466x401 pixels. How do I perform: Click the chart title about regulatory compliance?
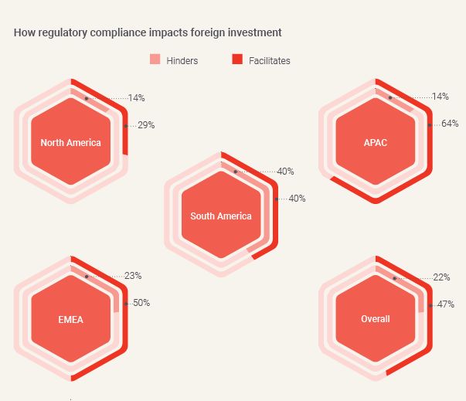coord(148,32)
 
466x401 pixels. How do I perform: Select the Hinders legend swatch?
coord(155,59)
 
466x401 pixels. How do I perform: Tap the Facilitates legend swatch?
coord(237,59)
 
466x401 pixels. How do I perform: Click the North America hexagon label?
coord(70,142)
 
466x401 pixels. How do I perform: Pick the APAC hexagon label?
coord(376,142)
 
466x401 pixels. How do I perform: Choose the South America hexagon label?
coord(221,216)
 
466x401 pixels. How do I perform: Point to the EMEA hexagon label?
coord(70,319)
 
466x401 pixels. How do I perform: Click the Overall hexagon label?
coord(376,319)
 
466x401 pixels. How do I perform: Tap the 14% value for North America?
coord(137,98)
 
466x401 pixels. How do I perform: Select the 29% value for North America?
coord(146,124)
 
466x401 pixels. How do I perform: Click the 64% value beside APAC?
coord(451,124)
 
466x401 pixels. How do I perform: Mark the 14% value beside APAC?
coord(440,97)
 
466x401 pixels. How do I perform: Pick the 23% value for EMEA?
coord(133,275)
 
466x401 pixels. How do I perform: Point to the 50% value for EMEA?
coord(141,303)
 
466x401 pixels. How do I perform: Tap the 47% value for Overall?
coord(445,304)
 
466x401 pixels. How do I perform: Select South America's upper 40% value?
coord(285,171)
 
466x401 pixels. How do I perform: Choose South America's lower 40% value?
coord(297,199)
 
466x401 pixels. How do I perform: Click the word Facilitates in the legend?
coord(270,60)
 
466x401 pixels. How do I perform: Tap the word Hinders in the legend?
coord(182,60)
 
